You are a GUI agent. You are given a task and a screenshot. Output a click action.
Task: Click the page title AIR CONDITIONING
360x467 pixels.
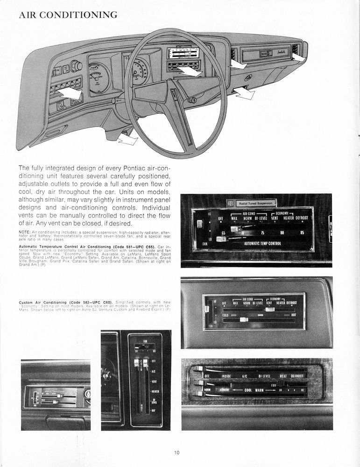tap(68, 15)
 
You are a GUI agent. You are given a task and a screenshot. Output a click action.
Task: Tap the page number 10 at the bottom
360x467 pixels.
tap(176, 452)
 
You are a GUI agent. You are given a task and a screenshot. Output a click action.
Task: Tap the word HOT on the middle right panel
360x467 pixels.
tap(294, 315)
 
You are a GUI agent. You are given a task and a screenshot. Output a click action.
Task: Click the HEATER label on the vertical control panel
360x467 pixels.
tap(155, 391)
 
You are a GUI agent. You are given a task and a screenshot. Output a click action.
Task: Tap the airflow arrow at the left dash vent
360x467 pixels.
tap(71, 93)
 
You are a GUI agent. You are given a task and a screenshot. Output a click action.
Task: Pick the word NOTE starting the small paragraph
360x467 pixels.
tap(24, 232)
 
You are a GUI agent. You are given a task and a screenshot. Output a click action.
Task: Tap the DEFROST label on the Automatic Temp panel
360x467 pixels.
tap(299, 218)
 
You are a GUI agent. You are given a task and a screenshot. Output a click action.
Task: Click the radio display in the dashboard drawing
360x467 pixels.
tap(184, 53)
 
